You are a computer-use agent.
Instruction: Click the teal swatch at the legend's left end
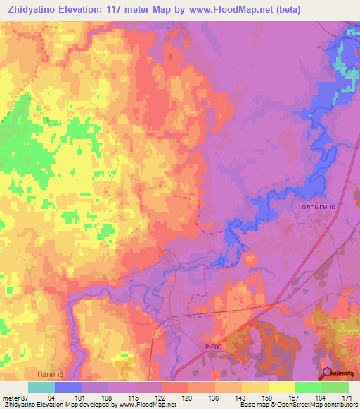tap(41, 387)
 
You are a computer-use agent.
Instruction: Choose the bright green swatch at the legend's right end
tap(335, 387)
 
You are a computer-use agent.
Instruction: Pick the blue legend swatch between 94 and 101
tap(68, 387)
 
